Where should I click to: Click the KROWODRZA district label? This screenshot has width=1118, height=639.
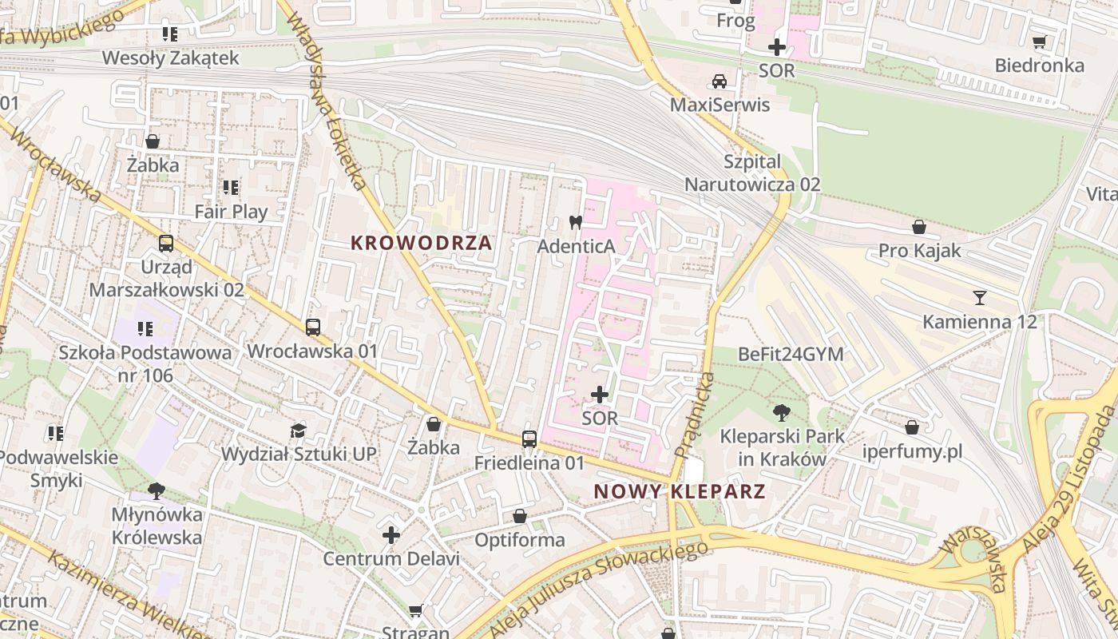tap(422, 243)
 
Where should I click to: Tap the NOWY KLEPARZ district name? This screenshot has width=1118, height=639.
tap(680, 491)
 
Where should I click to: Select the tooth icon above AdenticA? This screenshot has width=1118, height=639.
tap(575, 222)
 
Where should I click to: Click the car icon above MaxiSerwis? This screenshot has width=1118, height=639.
tap(720, 81)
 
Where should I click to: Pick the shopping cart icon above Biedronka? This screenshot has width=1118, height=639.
tap(1039, 42)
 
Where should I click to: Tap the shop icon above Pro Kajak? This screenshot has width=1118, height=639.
tap(919, 227)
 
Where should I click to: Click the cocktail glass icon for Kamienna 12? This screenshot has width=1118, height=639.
tap(980, 298)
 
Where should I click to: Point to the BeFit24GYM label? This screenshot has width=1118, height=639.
tap(791, 354)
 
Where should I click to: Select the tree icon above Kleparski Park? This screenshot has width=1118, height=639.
tap(782, 413)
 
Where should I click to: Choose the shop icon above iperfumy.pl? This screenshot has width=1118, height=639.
tap(912, 427)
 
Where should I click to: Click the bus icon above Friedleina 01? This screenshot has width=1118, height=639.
tap(529, 439)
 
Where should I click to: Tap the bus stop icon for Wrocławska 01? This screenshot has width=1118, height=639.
tap(312, 327)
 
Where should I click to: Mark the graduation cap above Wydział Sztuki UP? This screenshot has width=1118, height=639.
tap(298, 431)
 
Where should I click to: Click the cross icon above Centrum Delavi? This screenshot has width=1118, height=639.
tap(391, 534)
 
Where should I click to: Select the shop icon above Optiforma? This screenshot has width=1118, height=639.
tap(520, 516)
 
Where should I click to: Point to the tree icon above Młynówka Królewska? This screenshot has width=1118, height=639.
tap(157, 490)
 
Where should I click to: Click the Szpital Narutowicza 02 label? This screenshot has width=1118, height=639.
tap(751, 173)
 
